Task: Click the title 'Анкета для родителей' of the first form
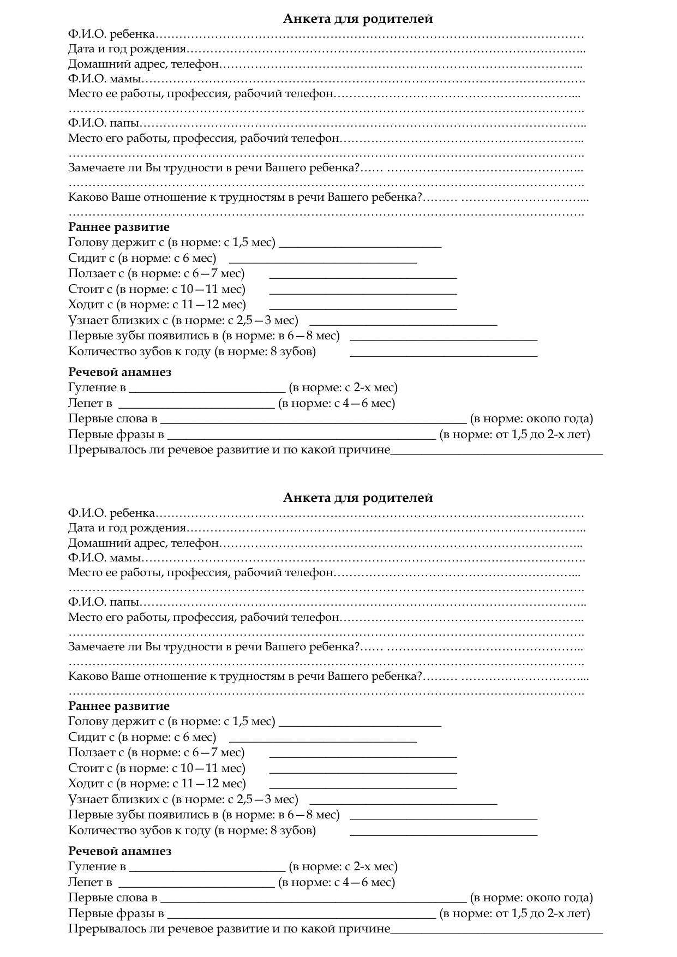(358, 19)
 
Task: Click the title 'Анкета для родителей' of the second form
(358, 498)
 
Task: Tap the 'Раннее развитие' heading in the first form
(119, 227)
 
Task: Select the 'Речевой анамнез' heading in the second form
(119, 851)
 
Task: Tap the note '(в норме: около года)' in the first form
(531, 419)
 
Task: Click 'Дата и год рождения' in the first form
(127, 49)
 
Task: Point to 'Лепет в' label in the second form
(90, 882)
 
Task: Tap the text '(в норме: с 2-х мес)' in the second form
(343, 866)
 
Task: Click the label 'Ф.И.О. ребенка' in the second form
(112, 514)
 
